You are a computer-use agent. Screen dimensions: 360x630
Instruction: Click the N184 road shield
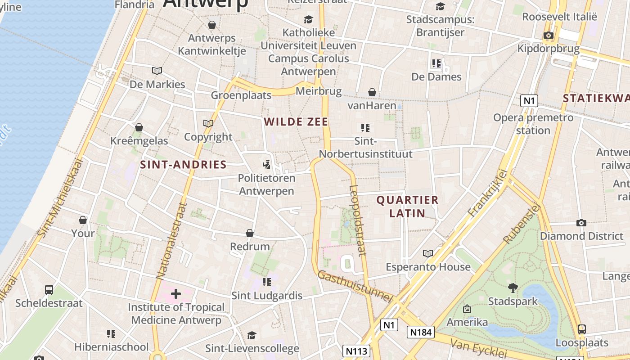click(421, 332)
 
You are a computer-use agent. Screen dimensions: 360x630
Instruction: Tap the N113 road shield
click(356, 351)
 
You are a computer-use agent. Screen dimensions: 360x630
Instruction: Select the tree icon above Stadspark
click(513, 288)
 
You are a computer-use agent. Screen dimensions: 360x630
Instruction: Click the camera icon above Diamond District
click(581, 223)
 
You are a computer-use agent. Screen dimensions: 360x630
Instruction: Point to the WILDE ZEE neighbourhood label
click(296, 121)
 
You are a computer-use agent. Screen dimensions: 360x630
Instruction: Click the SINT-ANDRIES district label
click(183, 164)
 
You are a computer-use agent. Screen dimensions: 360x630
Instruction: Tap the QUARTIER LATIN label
click(407, 207)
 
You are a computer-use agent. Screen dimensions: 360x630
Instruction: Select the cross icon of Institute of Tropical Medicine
click(175, 294)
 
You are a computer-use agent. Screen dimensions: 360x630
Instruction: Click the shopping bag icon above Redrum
click(250, 233)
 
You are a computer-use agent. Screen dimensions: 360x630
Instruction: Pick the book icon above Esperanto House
click(428, 253)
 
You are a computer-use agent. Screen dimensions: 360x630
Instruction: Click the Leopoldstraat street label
click(359, 220)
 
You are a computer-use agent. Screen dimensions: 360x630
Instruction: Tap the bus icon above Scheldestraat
click(49, 289)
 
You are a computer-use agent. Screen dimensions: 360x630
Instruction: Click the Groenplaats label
click(241, 95)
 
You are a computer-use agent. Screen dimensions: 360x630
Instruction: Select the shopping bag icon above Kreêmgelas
click(139, 127)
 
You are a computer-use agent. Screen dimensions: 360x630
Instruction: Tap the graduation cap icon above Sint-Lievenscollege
click(252, 335)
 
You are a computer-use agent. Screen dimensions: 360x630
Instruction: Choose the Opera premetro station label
click(533, 124)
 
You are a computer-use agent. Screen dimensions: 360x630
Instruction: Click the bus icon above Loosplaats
click(581, 329)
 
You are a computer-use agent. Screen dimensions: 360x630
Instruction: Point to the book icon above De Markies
click(157, 71)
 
